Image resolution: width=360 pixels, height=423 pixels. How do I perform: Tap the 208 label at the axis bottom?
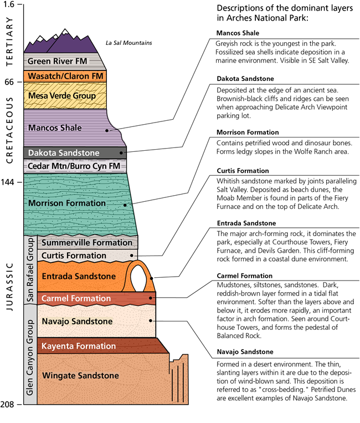(x=8, y=405)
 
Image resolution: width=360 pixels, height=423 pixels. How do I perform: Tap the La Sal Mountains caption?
(x=128, y=43)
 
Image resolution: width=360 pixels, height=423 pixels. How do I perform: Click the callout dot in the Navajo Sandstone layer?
(x=151, y=320)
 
